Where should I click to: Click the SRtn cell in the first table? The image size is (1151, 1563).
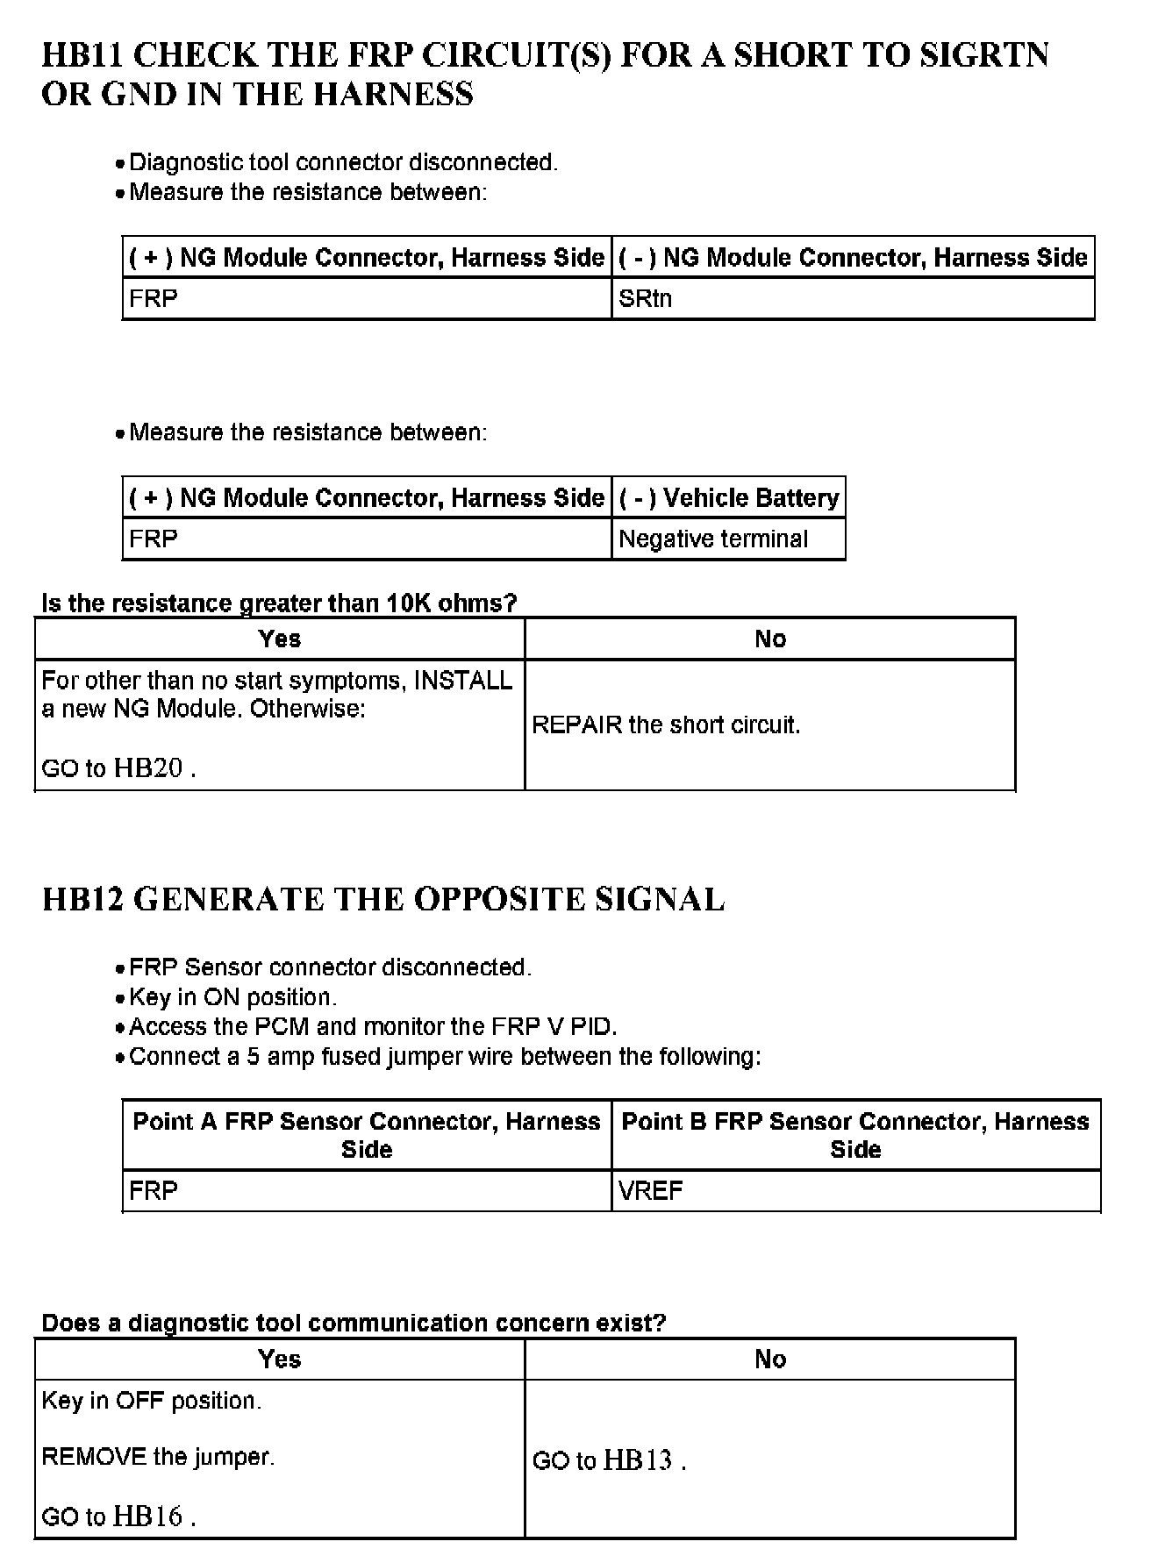(x=646, y=299)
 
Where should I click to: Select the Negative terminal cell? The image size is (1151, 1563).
(x=713, y=539)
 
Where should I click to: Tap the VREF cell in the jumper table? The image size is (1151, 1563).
(x=650, y=1191)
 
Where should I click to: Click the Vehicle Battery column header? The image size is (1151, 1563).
(x=729, y=498)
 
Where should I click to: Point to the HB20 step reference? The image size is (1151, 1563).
(x=148, y=768)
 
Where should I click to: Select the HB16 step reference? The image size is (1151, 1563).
(x=148, y=1517)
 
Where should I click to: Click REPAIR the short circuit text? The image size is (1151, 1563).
(x=666, y=725)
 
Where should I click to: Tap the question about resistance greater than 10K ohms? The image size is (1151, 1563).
(x=279, y=603)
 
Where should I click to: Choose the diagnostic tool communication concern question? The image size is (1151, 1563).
(x=354, y=1323)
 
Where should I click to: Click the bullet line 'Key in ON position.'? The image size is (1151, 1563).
(x=232, y=997)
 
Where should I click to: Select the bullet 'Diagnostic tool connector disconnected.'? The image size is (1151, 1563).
(x=343, y=162)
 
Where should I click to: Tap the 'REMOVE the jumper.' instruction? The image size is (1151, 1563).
(x=158, y=1457)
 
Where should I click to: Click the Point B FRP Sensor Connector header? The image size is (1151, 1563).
(x=855, y=1135)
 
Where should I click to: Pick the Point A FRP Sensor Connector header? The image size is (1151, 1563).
(x=367, y=1135)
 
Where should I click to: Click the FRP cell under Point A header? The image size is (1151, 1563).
(x=154, y=1191)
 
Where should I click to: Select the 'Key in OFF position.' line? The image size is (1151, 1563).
(x=151, y=1401)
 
